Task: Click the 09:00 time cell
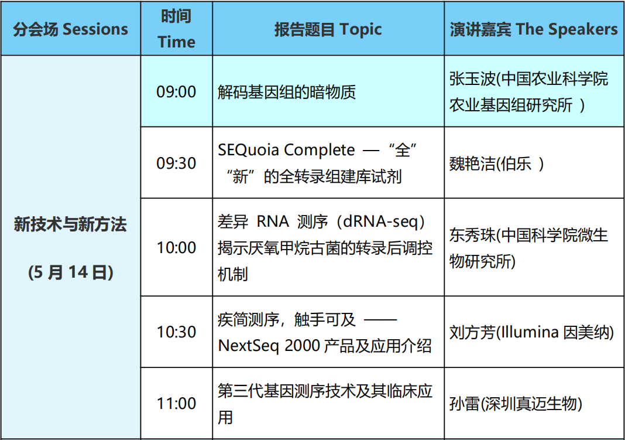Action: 176,92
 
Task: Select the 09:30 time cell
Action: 176,163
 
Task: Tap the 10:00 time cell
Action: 176,247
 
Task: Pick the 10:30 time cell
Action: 176,332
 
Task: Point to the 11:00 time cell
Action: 176,403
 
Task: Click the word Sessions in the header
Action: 95,29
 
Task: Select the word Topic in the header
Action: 360,30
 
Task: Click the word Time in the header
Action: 177,42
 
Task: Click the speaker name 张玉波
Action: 472,79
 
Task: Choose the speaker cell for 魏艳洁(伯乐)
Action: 534,163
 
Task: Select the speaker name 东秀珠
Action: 472,235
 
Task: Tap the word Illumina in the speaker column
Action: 530,332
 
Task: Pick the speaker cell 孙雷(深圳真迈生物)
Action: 534,403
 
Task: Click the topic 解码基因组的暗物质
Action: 287,92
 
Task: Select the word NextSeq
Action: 248,346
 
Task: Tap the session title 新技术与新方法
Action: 71,224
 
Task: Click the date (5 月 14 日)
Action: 71,272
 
